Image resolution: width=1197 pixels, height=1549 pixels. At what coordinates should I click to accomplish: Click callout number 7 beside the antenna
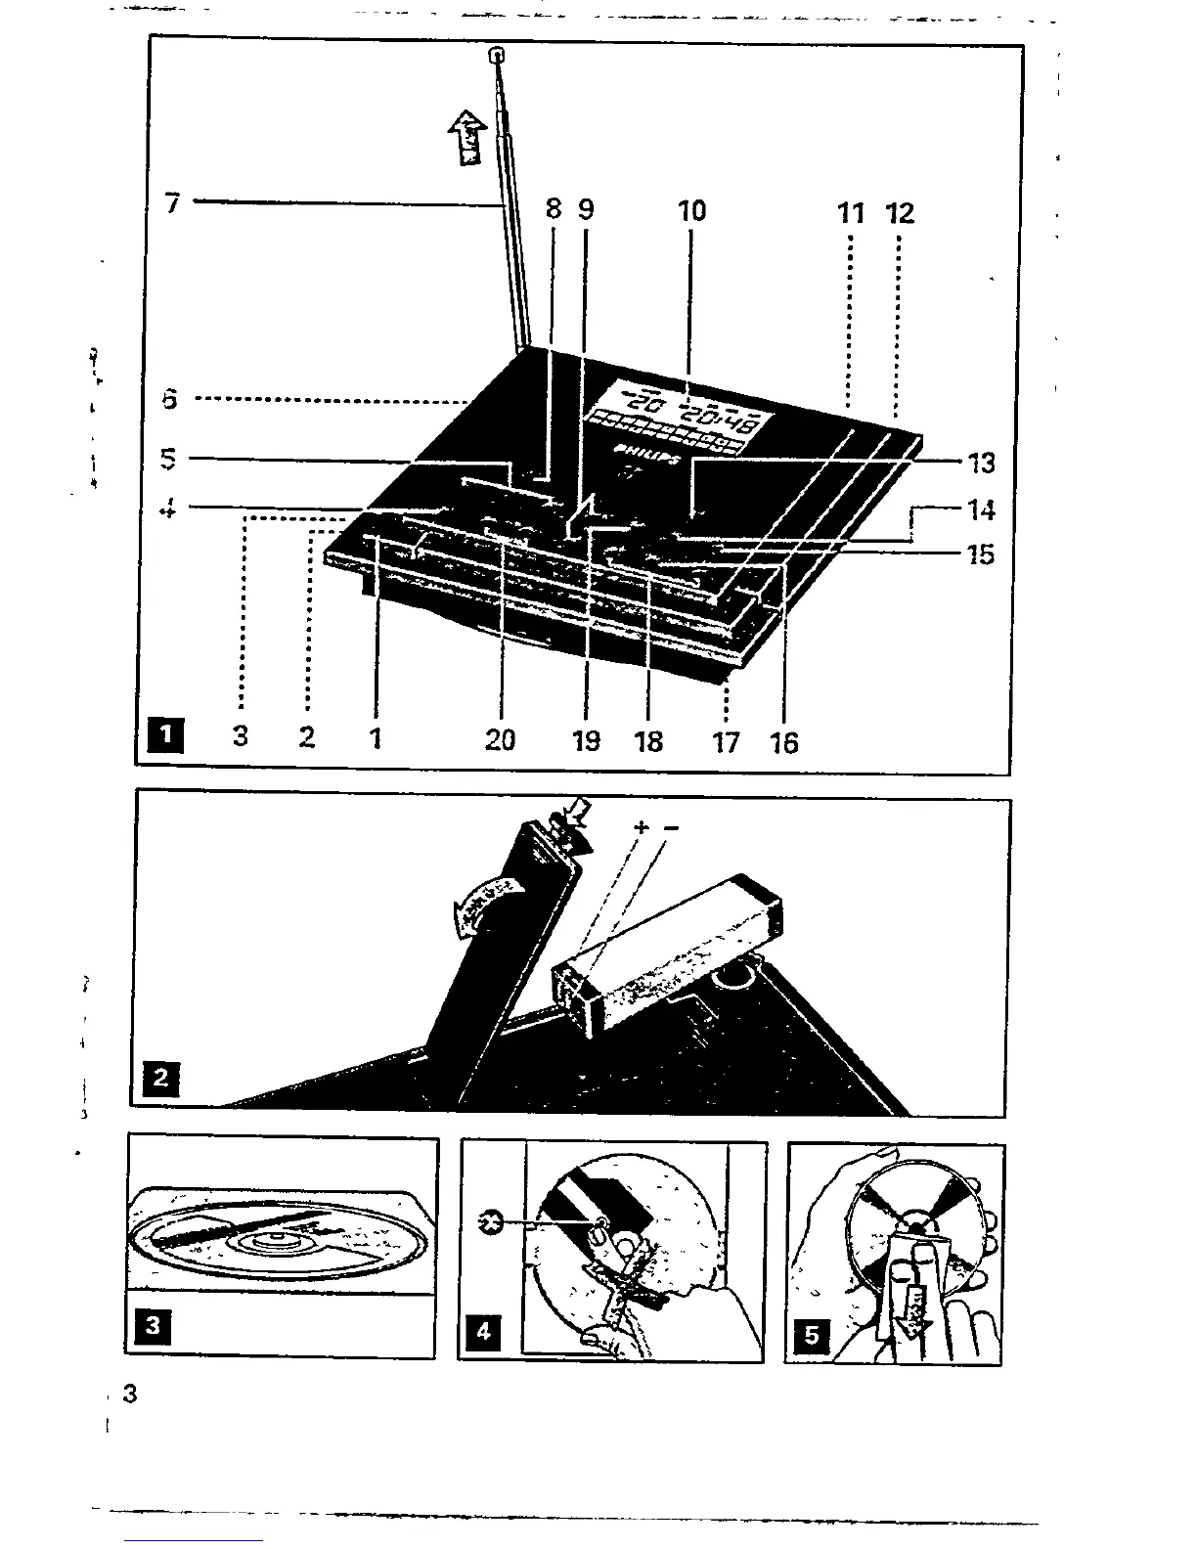173,204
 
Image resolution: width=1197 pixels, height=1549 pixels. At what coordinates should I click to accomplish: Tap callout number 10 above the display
691,211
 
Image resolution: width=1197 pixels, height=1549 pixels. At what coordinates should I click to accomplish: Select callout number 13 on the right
981,463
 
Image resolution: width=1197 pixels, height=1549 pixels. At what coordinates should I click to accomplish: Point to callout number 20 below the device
500,740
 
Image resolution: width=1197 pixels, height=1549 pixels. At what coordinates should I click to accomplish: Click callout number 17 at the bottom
726,742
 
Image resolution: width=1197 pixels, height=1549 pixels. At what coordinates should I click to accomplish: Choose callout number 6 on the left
170,399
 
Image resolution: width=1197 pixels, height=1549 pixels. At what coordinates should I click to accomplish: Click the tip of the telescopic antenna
497,55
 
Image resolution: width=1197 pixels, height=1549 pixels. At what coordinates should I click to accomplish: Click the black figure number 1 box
168,734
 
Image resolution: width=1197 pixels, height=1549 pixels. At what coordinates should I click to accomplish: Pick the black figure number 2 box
161,1079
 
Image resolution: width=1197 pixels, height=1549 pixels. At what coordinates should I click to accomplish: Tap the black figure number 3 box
152,1327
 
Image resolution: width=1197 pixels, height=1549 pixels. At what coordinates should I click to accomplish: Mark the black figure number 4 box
484,1331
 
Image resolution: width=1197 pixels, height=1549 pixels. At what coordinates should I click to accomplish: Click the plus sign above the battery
642,827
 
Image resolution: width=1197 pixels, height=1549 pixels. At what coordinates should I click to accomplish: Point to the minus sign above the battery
671,828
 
